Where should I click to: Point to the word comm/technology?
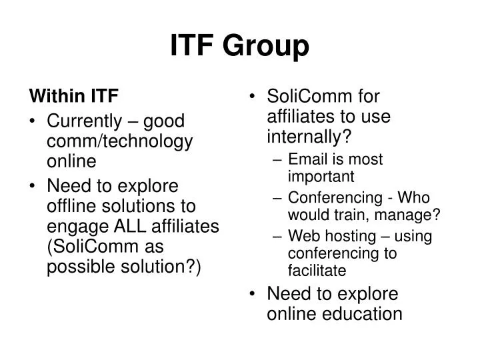(120, 141)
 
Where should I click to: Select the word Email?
(306, 159)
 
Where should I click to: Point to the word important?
(321, 176)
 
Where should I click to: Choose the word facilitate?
(317, 270)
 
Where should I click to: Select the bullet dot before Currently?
(34, 121)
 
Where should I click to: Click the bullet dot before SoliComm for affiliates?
(253, 97)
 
